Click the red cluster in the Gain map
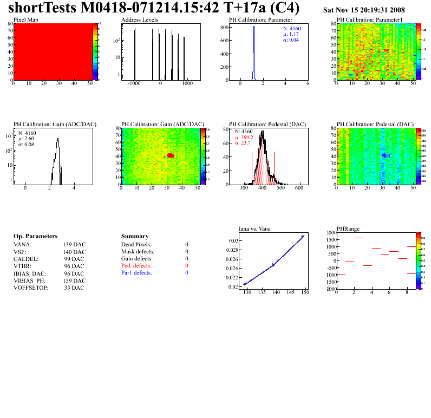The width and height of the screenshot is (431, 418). [x=171, y=155]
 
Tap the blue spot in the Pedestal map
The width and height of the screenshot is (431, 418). [x=386, y=155]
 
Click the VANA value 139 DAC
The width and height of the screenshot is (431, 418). [x=74, y=244]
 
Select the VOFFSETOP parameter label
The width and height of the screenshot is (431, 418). [x=31, y=288]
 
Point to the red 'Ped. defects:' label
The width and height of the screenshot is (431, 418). [x=136, y=266]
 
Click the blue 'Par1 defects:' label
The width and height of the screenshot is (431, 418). [x=136, y=273]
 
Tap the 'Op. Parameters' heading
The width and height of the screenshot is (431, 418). [x=35, y=237]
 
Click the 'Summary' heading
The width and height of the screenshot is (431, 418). [x=135, y=237]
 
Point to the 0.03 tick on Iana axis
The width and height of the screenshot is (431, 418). [x=232, y=240]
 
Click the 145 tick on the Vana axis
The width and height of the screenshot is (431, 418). [x=291, y=292]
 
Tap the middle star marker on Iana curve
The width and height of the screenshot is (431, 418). [x=273, y=265]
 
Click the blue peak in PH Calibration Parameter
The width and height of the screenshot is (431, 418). [x=253, y=43]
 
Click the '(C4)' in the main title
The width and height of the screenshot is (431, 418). [x=284, y=9]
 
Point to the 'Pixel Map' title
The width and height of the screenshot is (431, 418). [x=25, y=19]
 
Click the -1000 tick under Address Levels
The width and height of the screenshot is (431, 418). [x=134, y=84]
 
